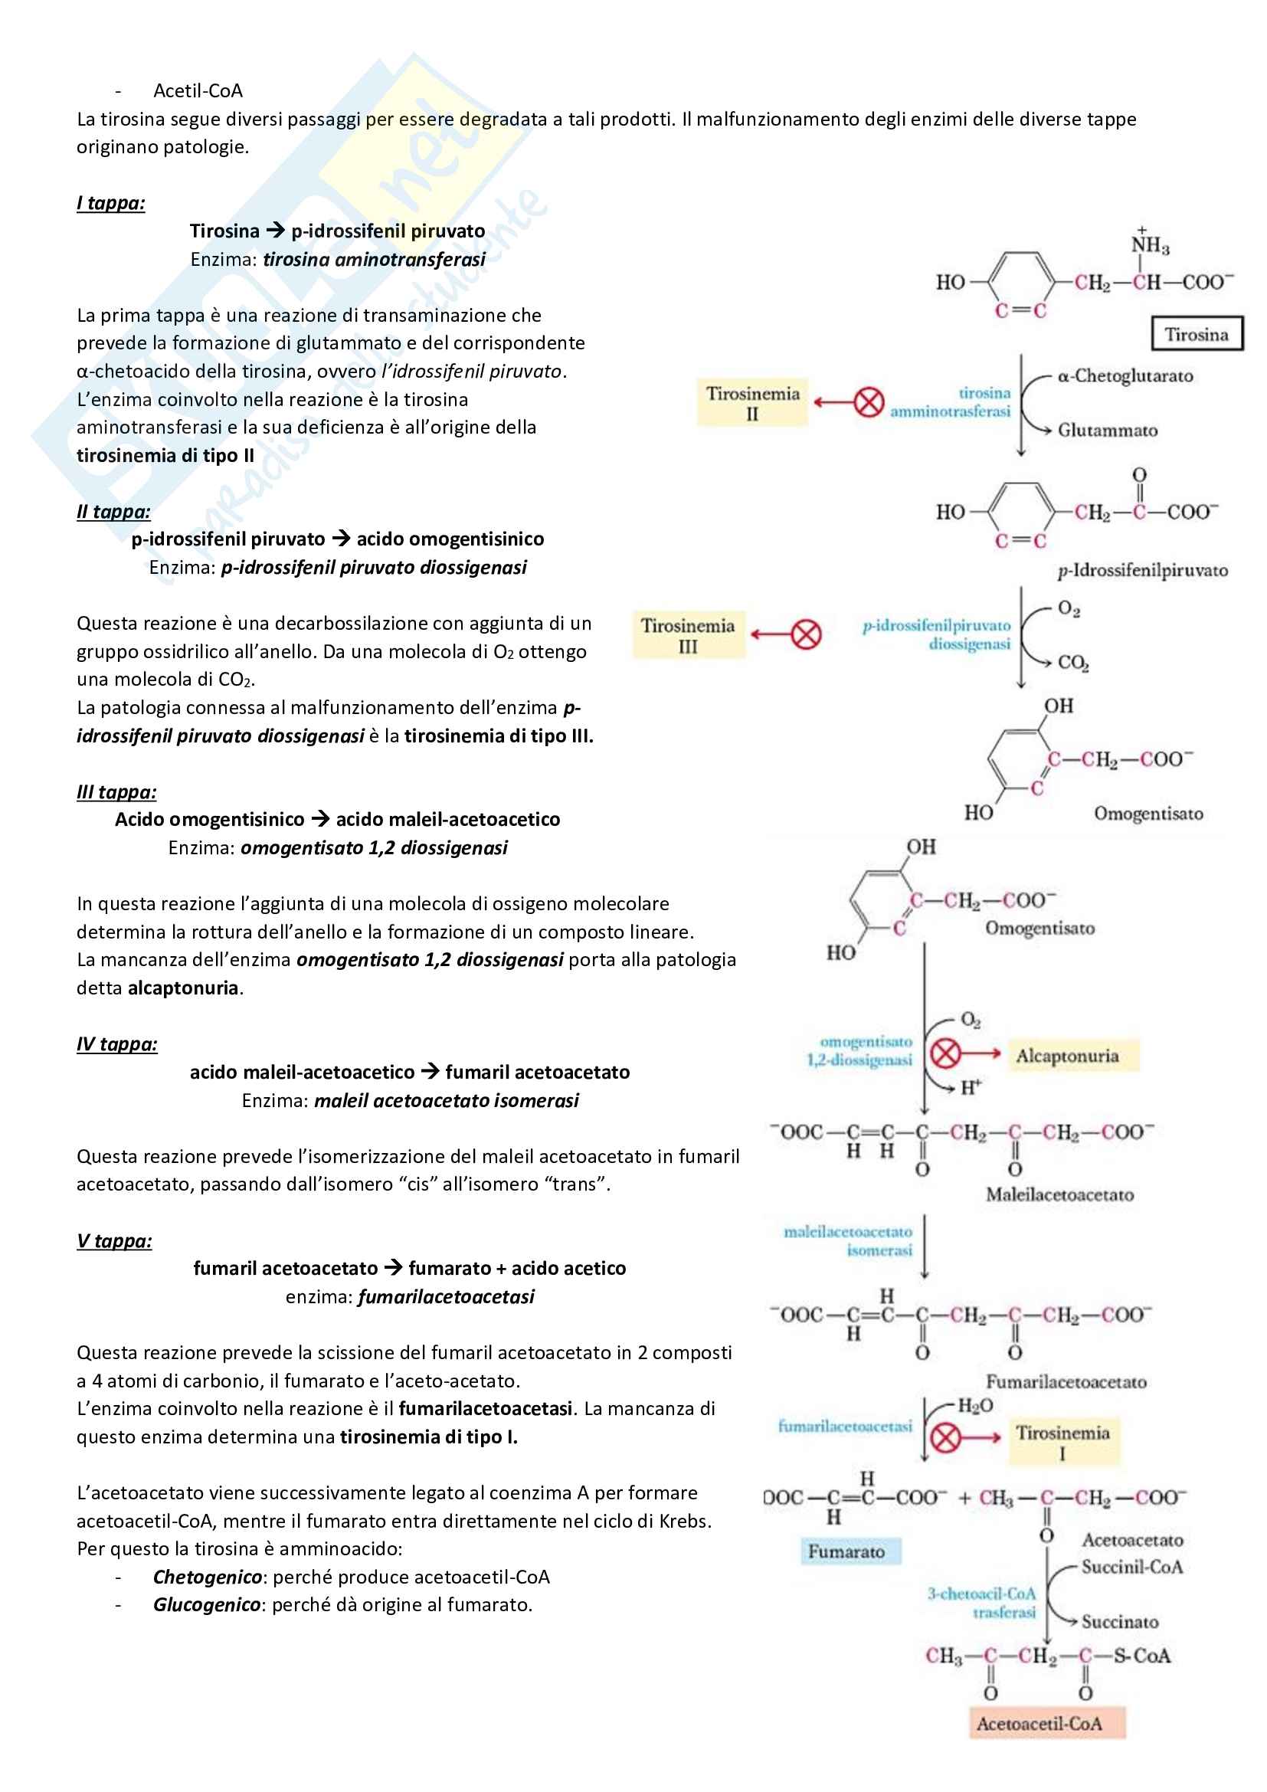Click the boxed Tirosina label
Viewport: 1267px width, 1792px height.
click(x=1196, y=334)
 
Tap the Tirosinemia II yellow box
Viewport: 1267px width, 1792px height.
click(x=752, y=403)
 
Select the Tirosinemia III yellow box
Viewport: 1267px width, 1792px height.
click(x=687, y=635)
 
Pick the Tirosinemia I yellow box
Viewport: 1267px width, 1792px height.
click(x=1062, y=1442)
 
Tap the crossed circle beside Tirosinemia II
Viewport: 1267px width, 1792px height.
click(x=869, y=403)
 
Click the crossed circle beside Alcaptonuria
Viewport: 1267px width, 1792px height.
click(x=945, y=1054)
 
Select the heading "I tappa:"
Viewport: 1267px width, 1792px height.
click(x=111, y=203)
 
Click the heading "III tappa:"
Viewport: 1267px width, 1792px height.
click(x=116, y=791)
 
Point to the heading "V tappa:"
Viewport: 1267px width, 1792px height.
click(x=114, y=1240)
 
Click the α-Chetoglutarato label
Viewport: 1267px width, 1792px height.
click(x=1125, y=376)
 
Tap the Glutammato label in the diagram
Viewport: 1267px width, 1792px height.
click(x=1107, y=430)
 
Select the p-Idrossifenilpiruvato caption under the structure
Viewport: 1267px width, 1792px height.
click(x=1142, y=571)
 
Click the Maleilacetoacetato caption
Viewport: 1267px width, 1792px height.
click(x=1059, y=1194)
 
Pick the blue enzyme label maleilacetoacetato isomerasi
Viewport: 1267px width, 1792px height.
click(x=848, y=1240)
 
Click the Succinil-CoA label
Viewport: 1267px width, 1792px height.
click(x=1131, y=1567)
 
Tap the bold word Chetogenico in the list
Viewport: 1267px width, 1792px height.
click(x=207, y=1577)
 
